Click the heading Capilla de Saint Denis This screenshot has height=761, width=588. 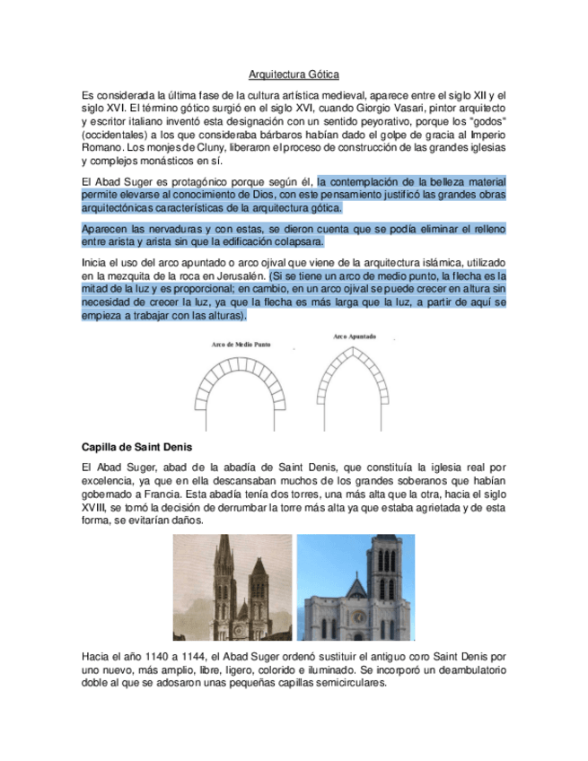point(136,446)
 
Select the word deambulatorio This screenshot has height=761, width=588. point(466,669)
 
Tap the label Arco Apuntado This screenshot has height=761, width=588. point(355,337)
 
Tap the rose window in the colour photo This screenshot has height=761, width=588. point(358,617)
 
